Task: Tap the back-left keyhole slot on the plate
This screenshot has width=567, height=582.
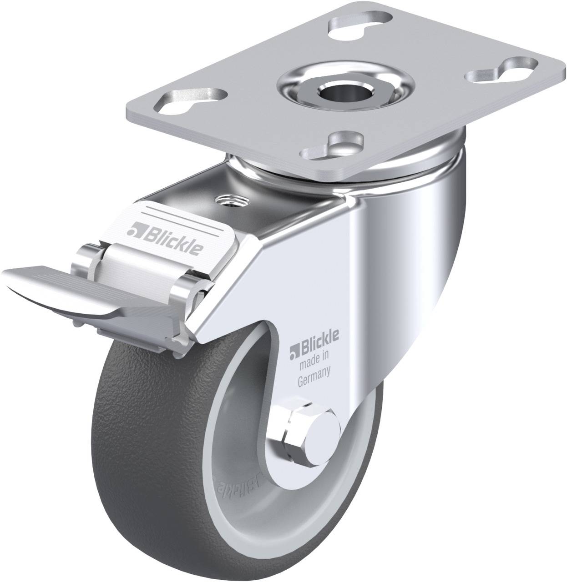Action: pos(361,21)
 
